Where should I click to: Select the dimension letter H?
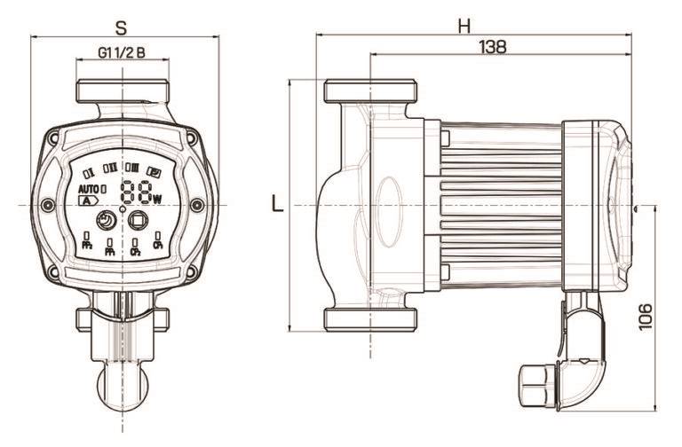[x=464, y=26]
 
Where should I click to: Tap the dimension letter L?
[x=278, y=205]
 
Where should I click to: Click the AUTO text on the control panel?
[x=88, y=189]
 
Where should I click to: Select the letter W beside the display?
[x=157, y=199]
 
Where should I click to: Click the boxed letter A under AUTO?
[x=88, y=201]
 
